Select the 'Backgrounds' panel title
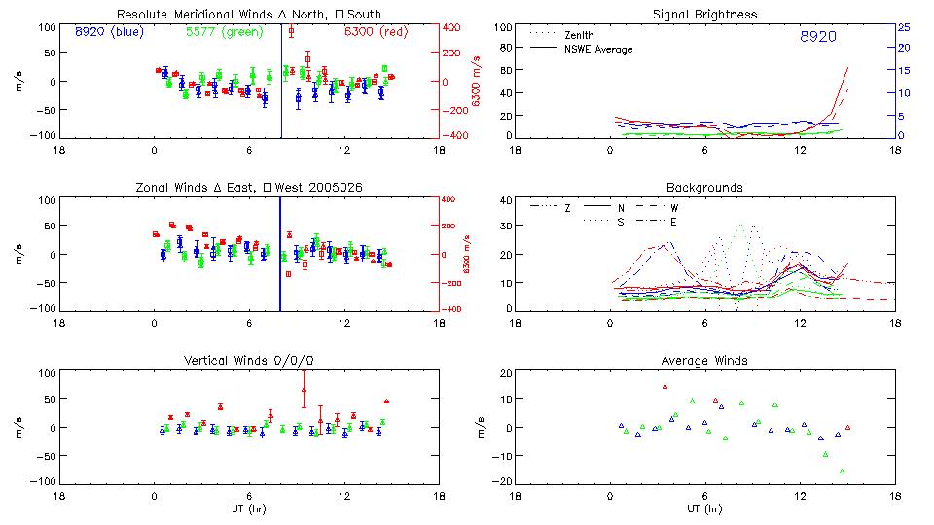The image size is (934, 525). tap(704, 187)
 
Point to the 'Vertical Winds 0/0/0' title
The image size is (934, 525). tap(249, 361)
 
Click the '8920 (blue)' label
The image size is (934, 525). tap(108, 32)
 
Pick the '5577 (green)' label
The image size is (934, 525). tap(223, 32)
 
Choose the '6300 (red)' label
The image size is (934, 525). tap(377, 32)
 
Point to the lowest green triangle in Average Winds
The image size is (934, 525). tap(842, 472)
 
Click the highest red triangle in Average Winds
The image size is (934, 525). tap(665, 387)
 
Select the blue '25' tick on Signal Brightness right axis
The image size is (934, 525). tap(903, 27)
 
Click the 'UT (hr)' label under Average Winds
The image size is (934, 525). tap(704, 508)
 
